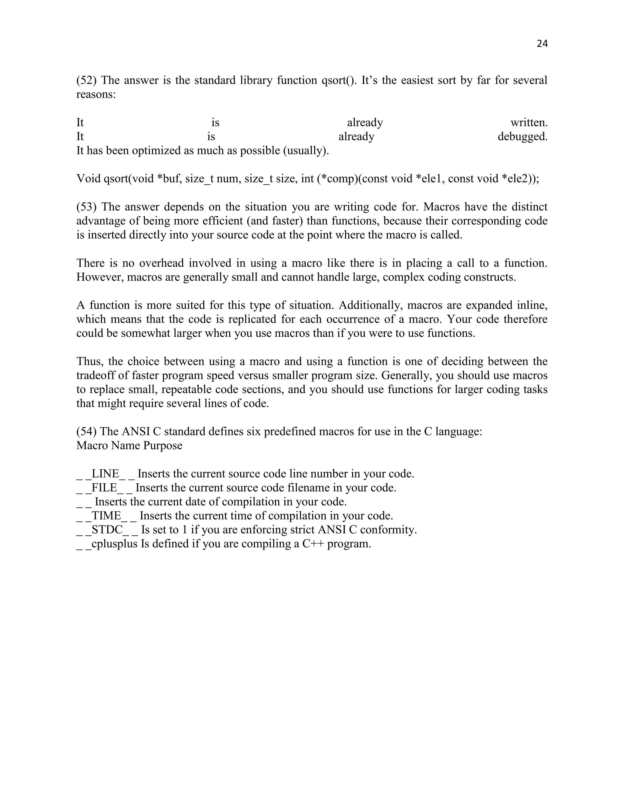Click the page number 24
[x=542, y=44]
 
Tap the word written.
[x=529, y=122]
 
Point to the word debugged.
[x=522, y=136]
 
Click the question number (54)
[x=86, y=431]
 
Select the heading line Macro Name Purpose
[x=129, y=446]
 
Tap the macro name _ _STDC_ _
[x=107, y=530]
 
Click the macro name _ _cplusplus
[x=107, y=544]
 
